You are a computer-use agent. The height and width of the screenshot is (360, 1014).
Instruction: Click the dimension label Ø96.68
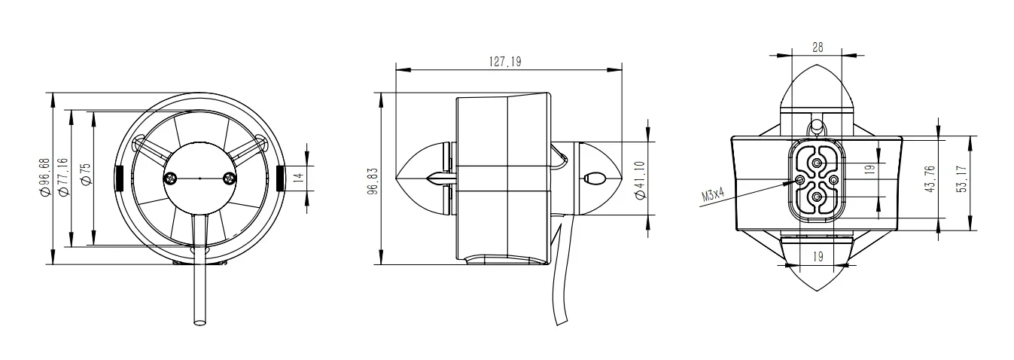[47, 178]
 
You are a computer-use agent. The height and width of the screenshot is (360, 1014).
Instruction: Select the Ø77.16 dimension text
[62, 178]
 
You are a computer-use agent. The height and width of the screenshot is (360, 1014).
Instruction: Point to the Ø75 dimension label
[85, 178]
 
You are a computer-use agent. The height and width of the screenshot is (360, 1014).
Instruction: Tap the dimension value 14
[298, 178]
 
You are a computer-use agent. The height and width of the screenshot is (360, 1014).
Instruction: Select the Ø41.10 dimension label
[640, 178]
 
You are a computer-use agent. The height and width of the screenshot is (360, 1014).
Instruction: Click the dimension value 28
[818, 47]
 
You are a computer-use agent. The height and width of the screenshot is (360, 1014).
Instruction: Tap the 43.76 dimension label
[932, 178]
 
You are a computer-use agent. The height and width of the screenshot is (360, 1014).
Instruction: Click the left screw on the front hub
[170, 178]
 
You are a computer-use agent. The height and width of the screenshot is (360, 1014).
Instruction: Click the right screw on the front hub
[229, 178]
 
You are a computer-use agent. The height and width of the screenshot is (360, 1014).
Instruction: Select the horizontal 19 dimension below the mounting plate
[818, 255]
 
